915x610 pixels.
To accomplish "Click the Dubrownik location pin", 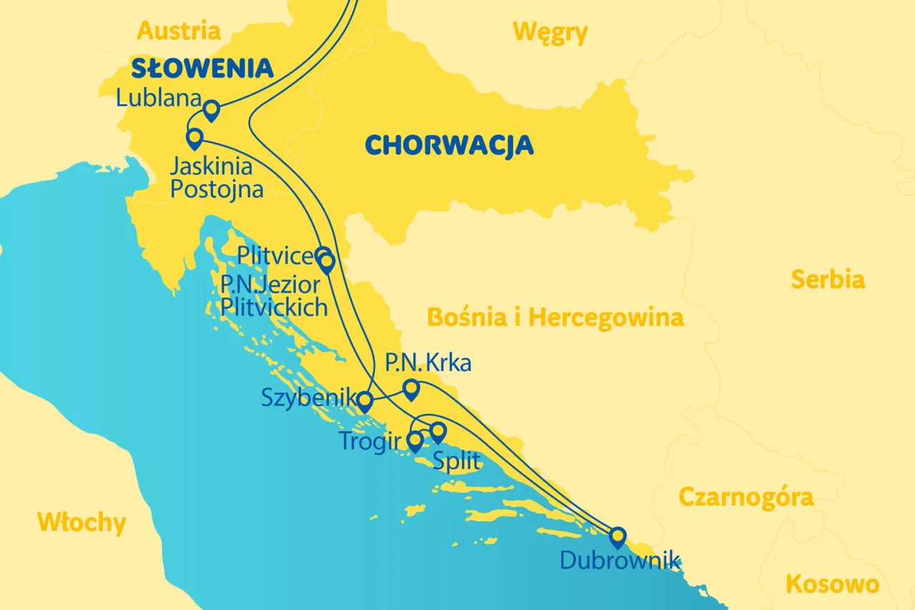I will click(617, 536).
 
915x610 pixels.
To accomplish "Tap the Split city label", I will click(457, 461).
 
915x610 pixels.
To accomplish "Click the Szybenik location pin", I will click(365, 402).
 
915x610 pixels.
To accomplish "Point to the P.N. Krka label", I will click(428, 363).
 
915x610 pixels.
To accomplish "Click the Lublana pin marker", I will click(212, 111).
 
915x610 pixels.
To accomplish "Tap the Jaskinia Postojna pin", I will click(194, 137).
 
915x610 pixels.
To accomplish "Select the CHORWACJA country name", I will click(449, 145).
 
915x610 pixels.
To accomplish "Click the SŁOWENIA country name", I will click(202, 69).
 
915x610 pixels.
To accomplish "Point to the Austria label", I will click(179, 31).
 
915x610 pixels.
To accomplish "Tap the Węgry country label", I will click(550, 32).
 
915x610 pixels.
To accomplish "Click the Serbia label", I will click(827, 280).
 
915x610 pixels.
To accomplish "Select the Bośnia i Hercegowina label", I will click(555, 317).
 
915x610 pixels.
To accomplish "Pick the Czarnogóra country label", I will click(746, 497).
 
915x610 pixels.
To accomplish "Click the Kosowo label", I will click(832, 584).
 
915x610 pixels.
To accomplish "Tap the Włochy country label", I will click(81, 523).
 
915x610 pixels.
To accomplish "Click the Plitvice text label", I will click(275, 256).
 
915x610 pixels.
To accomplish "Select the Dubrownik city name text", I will click(620, 560).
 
